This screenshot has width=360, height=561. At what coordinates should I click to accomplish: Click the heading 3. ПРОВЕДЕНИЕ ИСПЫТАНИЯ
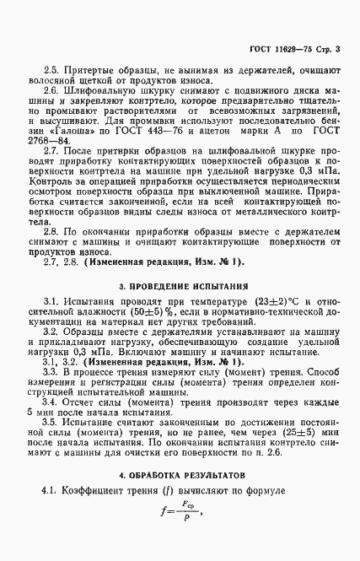click(x=180, y=286)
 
